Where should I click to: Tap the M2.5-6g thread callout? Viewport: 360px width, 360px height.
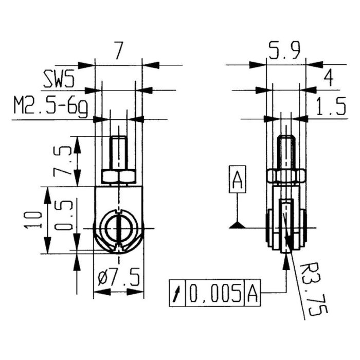click(50, 108)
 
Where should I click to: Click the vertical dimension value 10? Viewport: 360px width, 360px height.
click(32, 220)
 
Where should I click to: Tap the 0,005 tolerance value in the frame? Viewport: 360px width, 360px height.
click(215, 294)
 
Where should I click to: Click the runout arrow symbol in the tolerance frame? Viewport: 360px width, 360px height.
click(177, 294)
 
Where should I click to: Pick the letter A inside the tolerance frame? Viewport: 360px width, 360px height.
click(253, 294)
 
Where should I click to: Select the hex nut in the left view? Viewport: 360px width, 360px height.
click(119, 177)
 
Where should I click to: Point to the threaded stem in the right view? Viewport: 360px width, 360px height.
click(286, 152)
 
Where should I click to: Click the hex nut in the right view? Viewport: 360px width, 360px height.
click(286, 177)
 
